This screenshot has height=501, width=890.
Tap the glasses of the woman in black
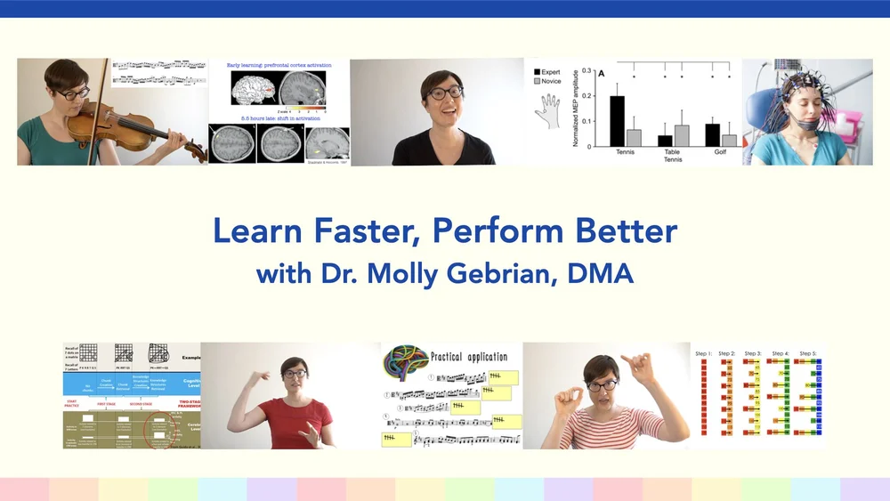coord(444,92)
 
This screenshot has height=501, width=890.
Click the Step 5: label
coord(807,353)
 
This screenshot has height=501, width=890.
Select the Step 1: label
coord(704,353)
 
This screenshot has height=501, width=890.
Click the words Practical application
coord(468,356)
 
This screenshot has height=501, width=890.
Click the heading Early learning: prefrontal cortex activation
coord(279,66)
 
